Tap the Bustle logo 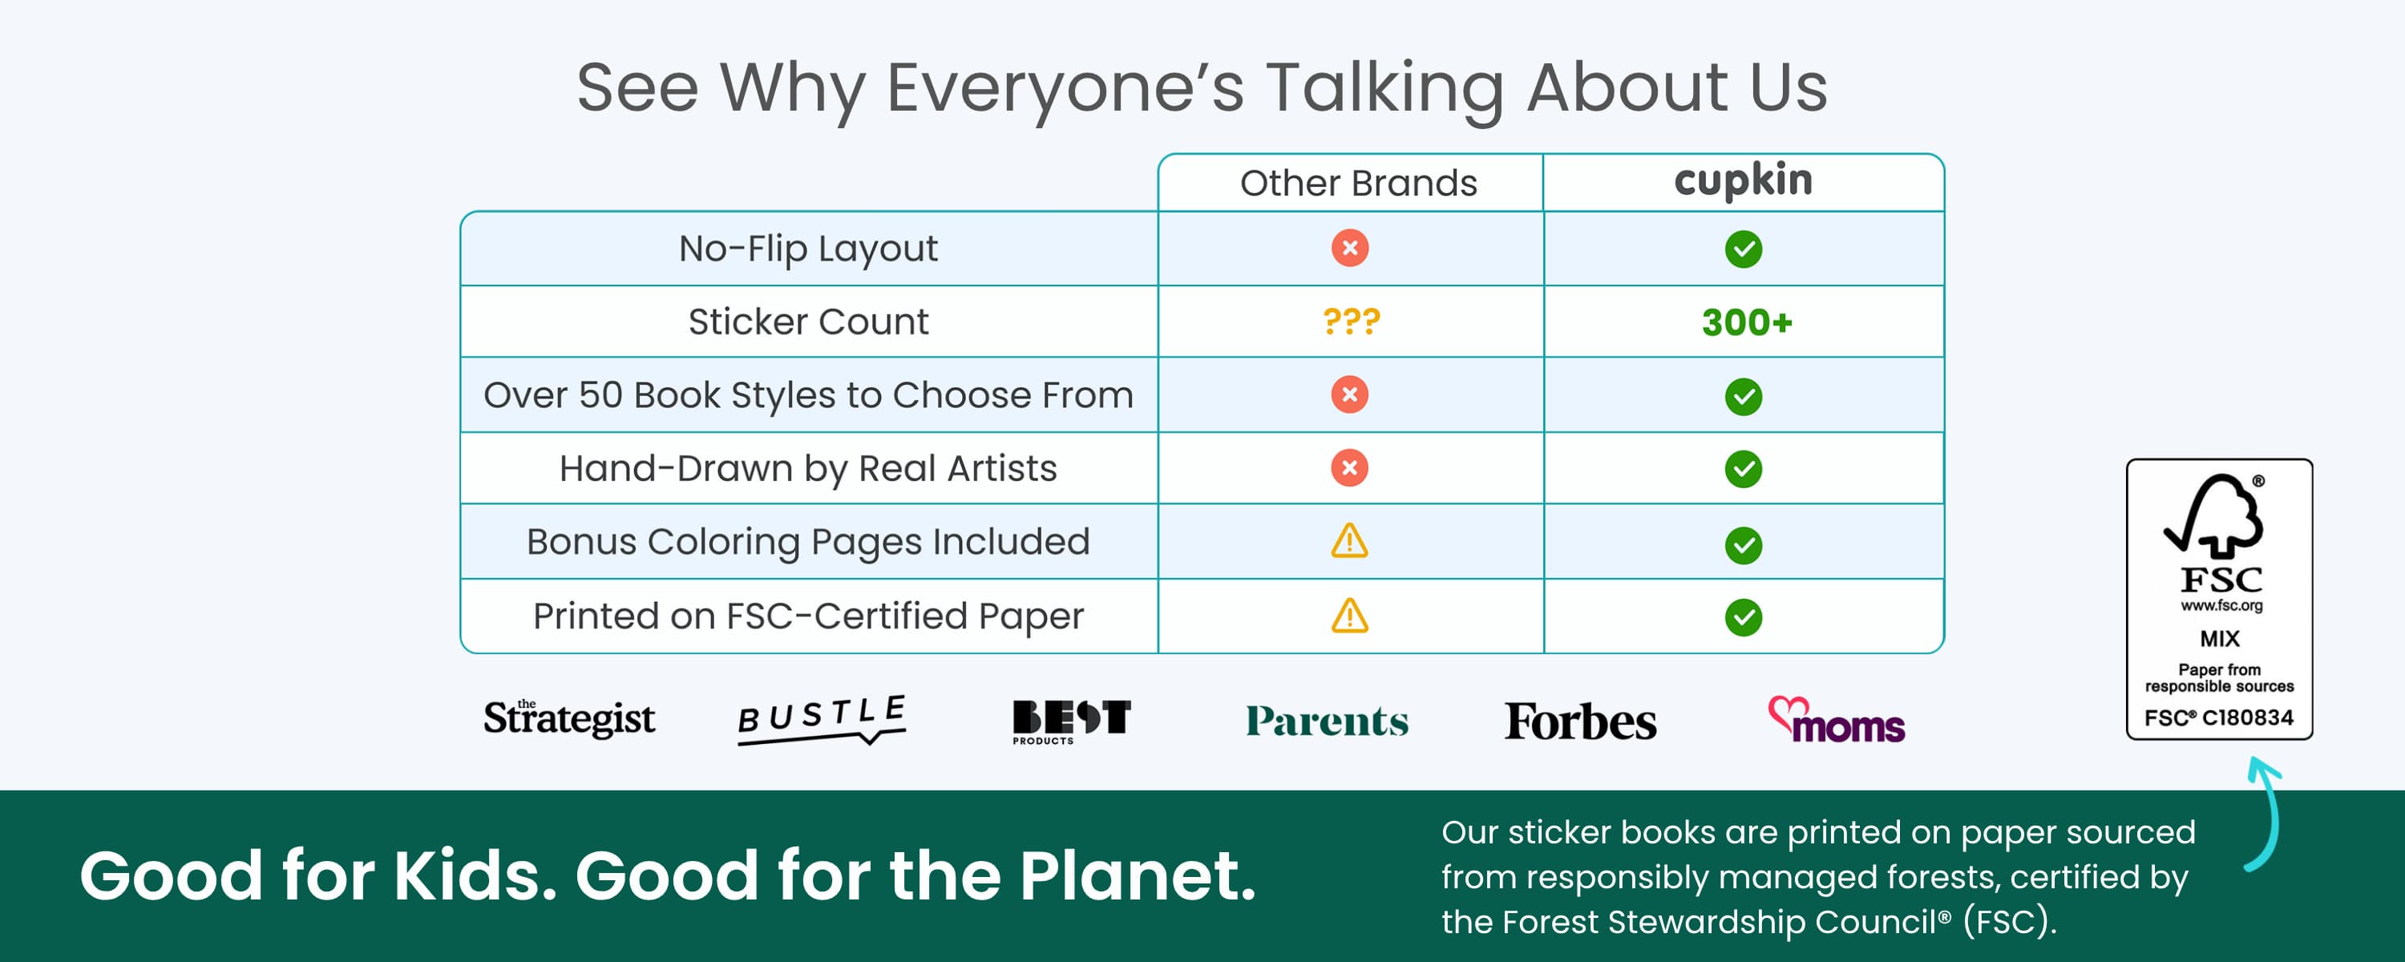pos(822,719)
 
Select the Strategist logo pos(568,718)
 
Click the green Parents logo pos(1327,721)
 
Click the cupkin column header pos(1743,180)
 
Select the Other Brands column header pos(1358,183)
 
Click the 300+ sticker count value pos(1747,322)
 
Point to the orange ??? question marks pos(1351,321)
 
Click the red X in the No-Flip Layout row pos(1349,249)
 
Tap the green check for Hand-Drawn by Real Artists pos(1743,469)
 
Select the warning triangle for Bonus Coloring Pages pos(1349,542)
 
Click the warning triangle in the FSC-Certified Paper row pos(1349,616)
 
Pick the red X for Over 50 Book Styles pos(1349,395)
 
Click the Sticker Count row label pos(809,321)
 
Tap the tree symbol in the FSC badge pos(2214,515)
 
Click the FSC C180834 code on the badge pos(2218,717)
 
